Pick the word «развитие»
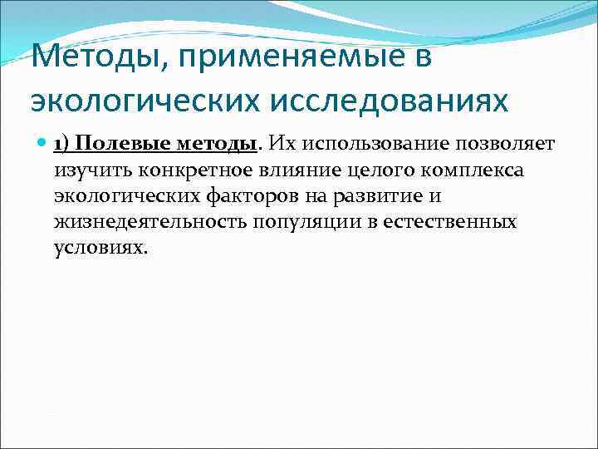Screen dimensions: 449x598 click(388, 196)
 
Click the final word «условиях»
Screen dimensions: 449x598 click(100, 249)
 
